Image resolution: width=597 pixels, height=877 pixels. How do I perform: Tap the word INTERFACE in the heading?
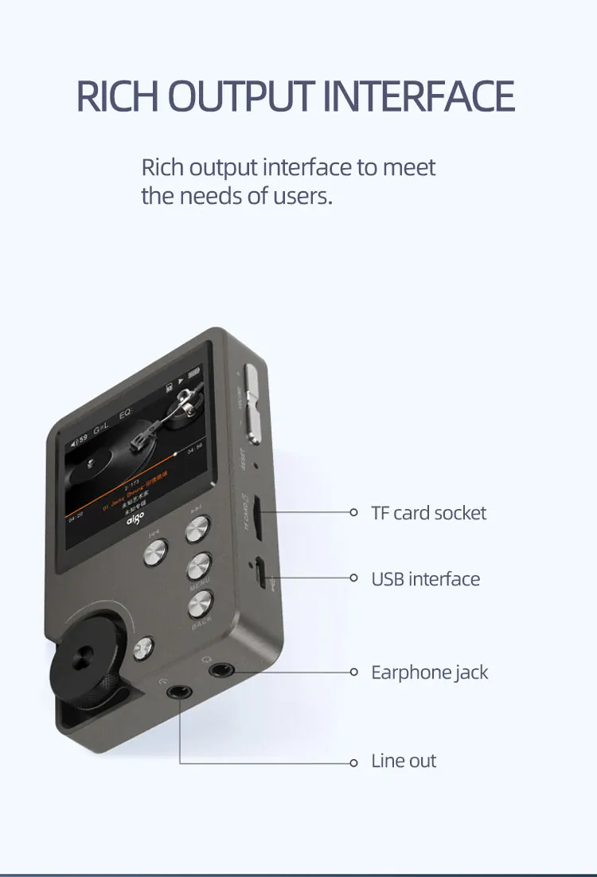coord(419,96)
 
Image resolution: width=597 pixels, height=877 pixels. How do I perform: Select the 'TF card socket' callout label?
coord(428,512)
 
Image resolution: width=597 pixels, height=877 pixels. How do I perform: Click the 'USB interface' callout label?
coord(425,578)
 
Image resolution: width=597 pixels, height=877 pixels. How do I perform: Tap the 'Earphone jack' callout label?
coord(429,672)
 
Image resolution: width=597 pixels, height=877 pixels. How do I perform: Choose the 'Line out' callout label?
coord(404,761)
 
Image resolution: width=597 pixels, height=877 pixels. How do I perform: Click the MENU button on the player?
coord(200,566)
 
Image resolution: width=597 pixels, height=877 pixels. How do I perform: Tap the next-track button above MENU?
coord(197,527)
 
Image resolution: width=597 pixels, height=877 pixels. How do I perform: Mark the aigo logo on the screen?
coord(132,521)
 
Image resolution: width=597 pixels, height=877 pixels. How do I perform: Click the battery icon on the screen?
coord(193,373)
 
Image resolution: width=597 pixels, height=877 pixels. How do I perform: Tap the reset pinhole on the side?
coord(254,465)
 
